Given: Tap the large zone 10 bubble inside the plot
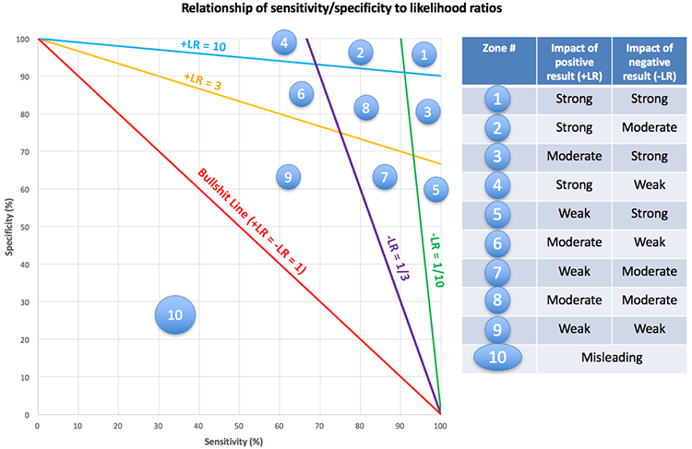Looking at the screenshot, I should pyautogui.click(x=175, y=315).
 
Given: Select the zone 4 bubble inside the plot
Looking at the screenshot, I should pyautogui.click(x=284, y=42).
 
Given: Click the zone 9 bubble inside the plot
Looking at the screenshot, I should pyautogui.click(x=288, y=177).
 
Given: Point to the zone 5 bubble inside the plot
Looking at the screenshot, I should pyautogui.click(x=437, y=189).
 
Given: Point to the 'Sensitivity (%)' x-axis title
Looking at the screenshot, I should pyautogui.click(x=237, y=441).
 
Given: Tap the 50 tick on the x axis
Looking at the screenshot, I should pyautogui.click(x=238, y=425).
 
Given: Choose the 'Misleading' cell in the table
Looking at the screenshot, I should pyautogui.click(x=611, y=358).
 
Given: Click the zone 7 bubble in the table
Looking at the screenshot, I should pyautogui.click(x=498, y=273).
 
